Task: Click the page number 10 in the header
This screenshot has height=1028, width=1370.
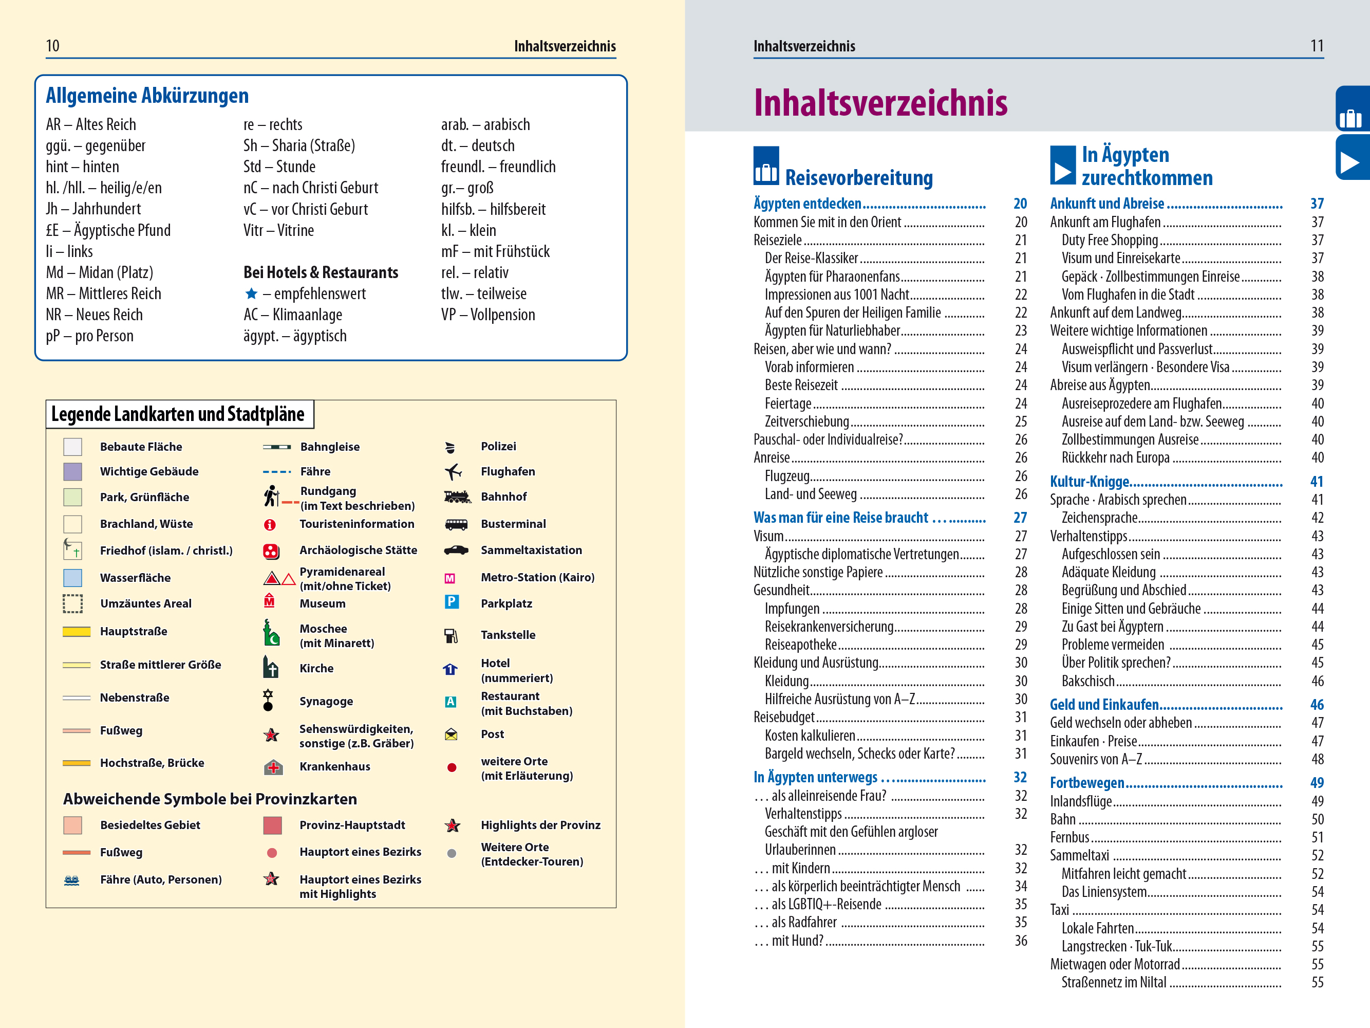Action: pos(52,46)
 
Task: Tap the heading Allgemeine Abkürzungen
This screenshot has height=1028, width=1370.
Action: pos(147,96)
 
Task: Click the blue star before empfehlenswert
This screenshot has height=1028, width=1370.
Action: pos(251,293)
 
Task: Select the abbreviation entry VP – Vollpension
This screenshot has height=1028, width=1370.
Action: pos(487,315)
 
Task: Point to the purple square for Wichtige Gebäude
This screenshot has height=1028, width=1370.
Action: pos(72,471)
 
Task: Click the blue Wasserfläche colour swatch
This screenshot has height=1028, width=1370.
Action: pos(72,578)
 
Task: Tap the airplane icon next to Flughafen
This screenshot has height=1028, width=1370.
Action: pos(453,471)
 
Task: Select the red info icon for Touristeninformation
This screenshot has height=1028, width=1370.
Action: pos(269,525)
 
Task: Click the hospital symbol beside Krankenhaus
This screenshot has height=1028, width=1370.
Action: pos(273,767)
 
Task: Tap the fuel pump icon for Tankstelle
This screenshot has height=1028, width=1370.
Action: pos(451,636)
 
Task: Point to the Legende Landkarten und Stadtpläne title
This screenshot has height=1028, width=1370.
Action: pos(178,414)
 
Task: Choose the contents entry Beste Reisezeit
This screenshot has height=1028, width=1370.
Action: pos(801,385)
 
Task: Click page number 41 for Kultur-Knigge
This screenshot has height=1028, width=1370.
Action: pos(1316,482)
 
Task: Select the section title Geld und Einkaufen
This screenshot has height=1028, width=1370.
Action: pos(1104,705)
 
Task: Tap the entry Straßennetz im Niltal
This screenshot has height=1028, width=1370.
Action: pos(1113,983)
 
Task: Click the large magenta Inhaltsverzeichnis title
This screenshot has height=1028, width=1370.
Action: pos(880,103)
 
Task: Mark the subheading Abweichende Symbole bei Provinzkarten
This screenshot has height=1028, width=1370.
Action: pos(210,799)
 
